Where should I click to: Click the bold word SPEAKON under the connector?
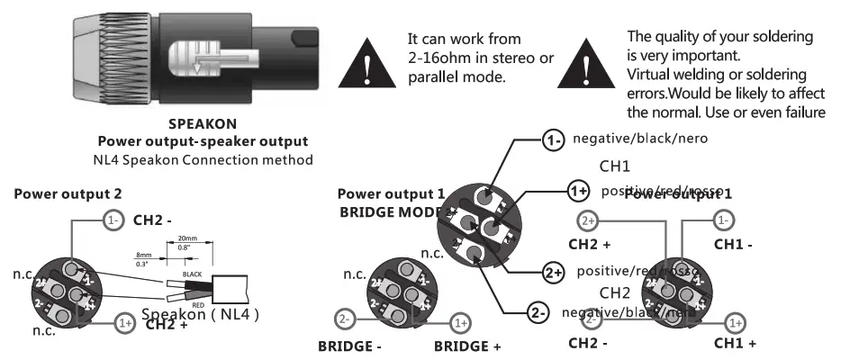pos(203,125)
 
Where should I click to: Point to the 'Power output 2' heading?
pos(68,193)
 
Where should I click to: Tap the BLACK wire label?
pos(192,274)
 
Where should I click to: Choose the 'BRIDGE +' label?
pos(467,346)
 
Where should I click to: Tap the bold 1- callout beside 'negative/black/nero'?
pos(552,139)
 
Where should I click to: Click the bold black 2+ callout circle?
pos(552,271)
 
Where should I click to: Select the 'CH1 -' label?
pos(733,244)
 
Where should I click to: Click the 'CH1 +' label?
pos(735,343)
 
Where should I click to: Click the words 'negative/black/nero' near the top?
pos(640,139)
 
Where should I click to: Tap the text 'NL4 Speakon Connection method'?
pos(203,160)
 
